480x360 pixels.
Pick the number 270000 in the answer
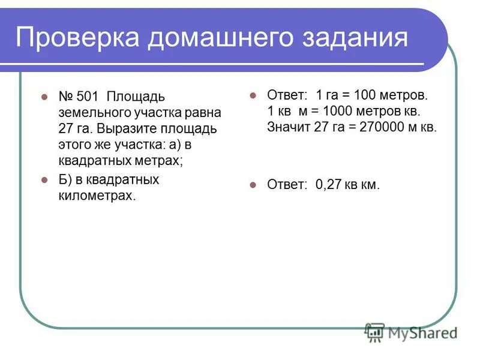click(385, 127)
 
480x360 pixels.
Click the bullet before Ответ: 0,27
click(253, 185)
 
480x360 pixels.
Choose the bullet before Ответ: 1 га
click(253, 95)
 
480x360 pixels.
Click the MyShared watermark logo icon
click(375, 332)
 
